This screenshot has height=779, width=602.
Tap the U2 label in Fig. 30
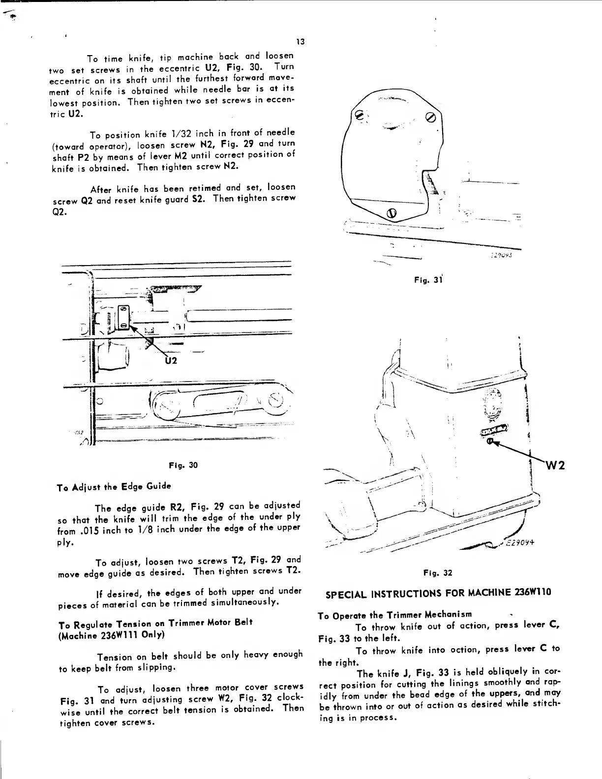170,361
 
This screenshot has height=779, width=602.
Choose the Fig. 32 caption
437,572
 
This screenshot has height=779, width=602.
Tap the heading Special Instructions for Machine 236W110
438,593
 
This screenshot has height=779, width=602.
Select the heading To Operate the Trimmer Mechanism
395,614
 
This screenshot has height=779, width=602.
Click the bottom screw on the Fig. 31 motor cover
392,213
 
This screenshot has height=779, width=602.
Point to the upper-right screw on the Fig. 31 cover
431,118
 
